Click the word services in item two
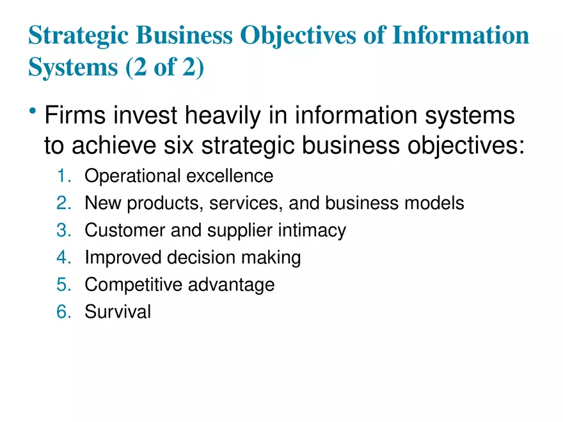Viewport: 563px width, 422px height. [x=246, y=203]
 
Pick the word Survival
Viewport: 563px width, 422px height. [x=118, y=312]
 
